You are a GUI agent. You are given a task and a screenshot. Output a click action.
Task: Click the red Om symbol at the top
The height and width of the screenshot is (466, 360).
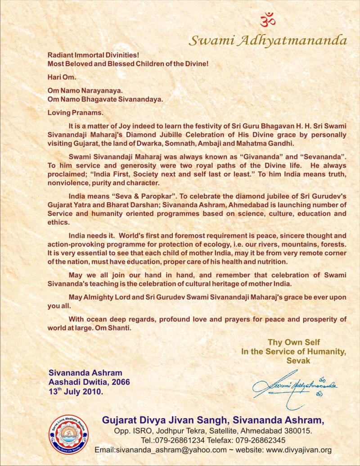click(267, 20)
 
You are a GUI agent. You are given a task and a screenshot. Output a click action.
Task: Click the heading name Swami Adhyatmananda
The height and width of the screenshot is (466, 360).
click(268, 41)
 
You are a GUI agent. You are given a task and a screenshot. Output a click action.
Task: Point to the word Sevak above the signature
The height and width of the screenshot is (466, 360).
click(298, 361)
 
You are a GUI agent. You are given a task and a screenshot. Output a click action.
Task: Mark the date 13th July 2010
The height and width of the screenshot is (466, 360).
click(75, 391)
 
